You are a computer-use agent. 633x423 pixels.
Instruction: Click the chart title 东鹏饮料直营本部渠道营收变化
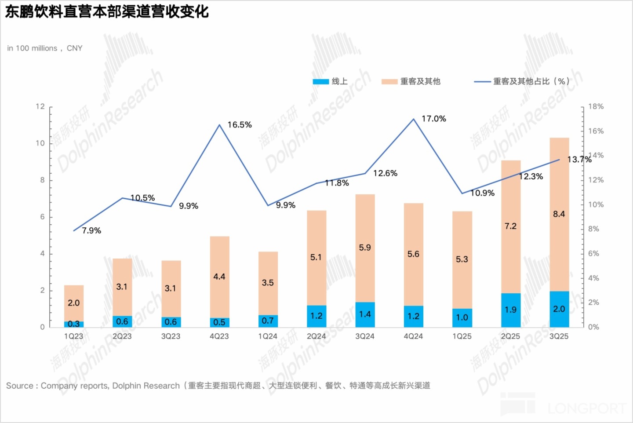click(x=107, y=12)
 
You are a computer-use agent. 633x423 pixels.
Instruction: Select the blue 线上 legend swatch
click(x=320, y=81)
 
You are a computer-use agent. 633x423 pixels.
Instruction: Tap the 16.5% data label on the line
click(x=240, y=125)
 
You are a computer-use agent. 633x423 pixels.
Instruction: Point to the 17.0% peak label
click(x=433, y=119)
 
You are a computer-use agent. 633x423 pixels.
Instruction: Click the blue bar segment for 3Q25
click(x=559, y=309)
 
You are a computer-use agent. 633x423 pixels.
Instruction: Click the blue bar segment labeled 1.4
click(x=365, y=314)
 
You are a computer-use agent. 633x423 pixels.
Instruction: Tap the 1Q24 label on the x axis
click(x=268, y=336)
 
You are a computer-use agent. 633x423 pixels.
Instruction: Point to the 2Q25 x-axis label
click(x=510, y=336)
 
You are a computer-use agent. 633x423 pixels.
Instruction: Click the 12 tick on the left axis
click(x=40, y=106)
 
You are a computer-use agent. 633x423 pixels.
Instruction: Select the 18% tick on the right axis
click(x=596, y=106)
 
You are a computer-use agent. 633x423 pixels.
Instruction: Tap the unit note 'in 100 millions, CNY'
click(x=45, y=48)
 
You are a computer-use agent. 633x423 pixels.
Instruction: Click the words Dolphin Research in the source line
click(x=146, y=386)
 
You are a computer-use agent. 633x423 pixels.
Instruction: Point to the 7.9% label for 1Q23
click(x=91, y=230)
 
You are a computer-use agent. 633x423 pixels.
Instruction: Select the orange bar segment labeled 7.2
click(x=510, y=226)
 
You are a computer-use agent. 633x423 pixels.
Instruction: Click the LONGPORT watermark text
click(x=587, y=408)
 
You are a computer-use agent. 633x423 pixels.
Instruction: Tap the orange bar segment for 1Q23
click(x=74, y=303)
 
